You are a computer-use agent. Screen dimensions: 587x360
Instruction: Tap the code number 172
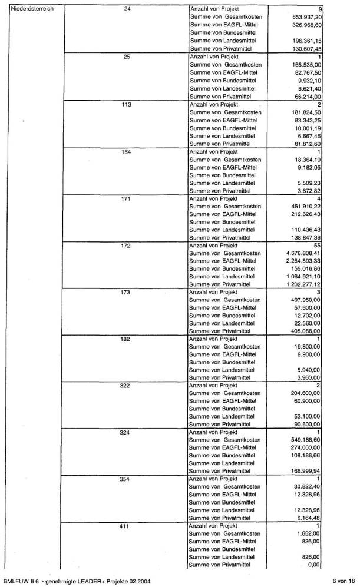click(125, 245)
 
